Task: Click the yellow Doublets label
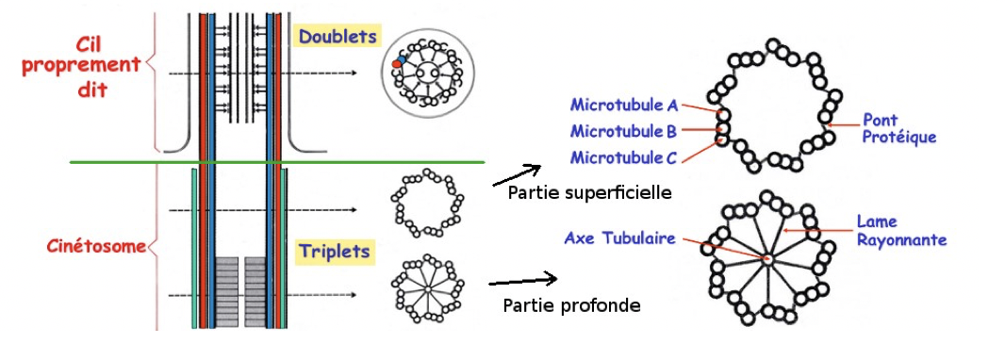[337, 36]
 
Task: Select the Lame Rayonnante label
[900, 231]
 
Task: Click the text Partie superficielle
[588, 193]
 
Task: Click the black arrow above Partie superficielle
[516, 175]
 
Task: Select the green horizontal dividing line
[278, 161]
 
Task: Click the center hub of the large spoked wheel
[768, 257]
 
